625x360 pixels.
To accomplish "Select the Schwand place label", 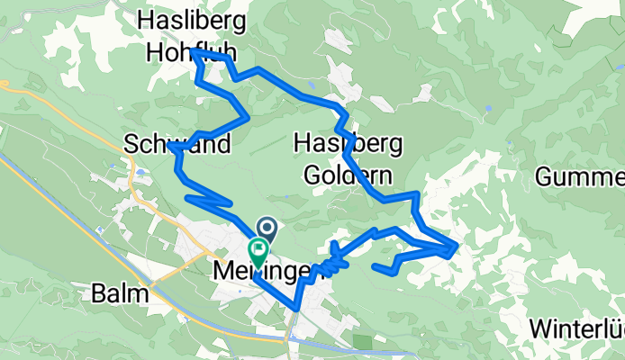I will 178,144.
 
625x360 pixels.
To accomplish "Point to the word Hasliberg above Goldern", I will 348,144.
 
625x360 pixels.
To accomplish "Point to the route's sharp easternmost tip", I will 458,244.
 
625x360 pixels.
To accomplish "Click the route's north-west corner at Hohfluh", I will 193,53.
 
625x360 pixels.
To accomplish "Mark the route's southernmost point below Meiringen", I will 296,310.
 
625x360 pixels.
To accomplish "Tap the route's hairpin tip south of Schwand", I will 186,197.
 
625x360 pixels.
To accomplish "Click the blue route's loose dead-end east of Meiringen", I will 374,265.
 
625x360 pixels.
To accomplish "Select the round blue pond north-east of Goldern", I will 487,108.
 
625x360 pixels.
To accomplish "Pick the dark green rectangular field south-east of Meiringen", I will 362,342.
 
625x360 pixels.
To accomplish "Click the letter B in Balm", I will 99,293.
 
